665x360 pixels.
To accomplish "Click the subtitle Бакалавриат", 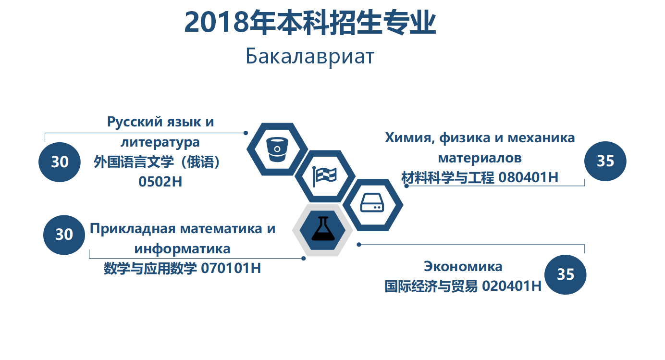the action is tap(310, 56).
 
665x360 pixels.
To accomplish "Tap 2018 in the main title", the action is tap(216, 22).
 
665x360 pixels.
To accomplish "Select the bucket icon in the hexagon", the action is tap(277, 149).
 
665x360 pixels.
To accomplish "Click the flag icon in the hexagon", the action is tap(325, 176).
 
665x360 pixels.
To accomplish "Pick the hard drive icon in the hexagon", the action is tap(372, 203).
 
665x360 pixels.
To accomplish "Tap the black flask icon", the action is tap(323, 228).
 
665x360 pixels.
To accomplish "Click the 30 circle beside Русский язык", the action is tap(60, 162).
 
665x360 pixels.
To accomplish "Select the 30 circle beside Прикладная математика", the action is tap(64, 235).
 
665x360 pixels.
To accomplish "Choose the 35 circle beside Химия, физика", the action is tap(605, 161).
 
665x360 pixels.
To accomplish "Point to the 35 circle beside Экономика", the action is tap(565, 274).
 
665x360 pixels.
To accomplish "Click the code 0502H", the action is tap(160, 182).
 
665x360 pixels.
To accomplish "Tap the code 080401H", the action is tap(528, 177).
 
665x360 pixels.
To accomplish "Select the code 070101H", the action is tap(231, 268).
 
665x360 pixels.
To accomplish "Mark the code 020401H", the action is tap(512, 286).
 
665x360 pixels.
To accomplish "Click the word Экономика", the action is tap(463, 266).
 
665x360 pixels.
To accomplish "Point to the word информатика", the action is tap(182, 249).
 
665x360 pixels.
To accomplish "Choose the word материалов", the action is tap(480, 158).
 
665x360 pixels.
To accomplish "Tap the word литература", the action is tap(160, 143).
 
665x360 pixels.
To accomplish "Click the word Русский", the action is tap(135, 122).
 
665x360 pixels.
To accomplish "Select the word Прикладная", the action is tap(133, 229).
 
